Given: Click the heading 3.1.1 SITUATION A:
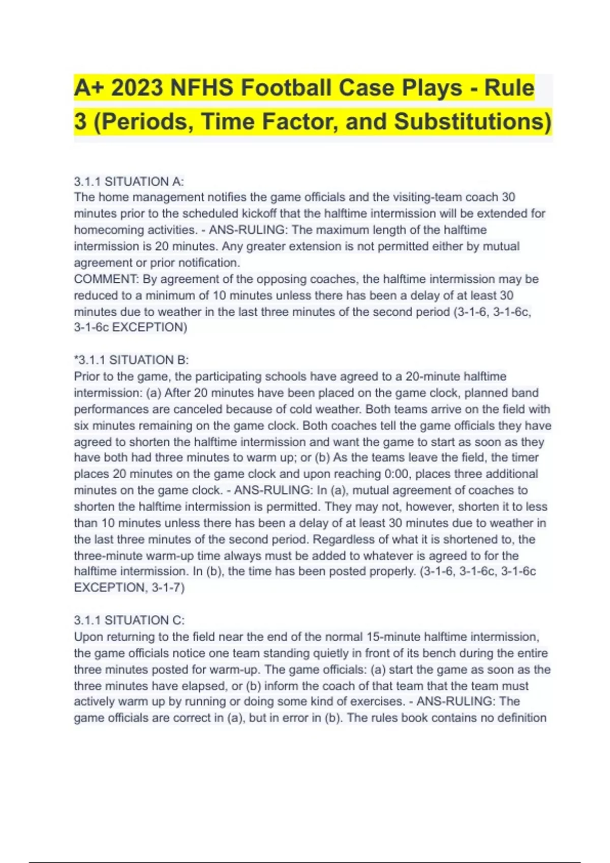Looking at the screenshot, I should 129,181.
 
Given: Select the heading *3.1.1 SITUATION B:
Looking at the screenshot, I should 131,360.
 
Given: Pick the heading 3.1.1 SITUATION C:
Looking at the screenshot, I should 129,620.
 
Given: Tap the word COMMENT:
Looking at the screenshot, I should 106,279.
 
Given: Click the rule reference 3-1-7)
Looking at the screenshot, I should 168,587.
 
